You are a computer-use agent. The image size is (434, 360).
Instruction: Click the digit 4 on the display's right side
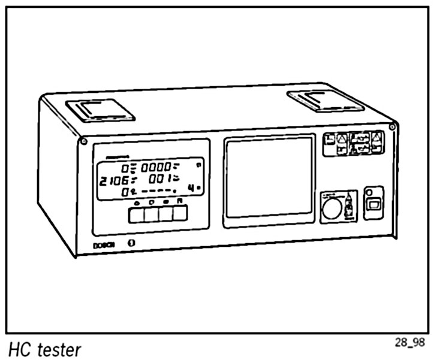(191, 188)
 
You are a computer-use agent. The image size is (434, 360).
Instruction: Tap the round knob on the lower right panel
(330, 208)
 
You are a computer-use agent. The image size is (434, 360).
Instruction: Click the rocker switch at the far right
(373, 205)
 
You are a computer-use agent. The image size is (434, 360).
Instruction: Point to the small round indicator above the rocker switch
(370, 192)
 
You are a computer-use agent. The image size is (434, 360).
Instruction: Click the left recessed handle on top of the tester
(100, 110)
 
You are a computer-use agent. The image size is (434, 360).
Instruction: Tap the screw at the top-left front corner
(83, 141)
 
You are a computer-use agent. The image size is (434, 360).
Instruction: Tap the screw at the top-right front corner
(391, 127)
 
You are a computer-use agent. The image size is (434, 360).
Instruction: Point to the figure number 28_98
(409, 342)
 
